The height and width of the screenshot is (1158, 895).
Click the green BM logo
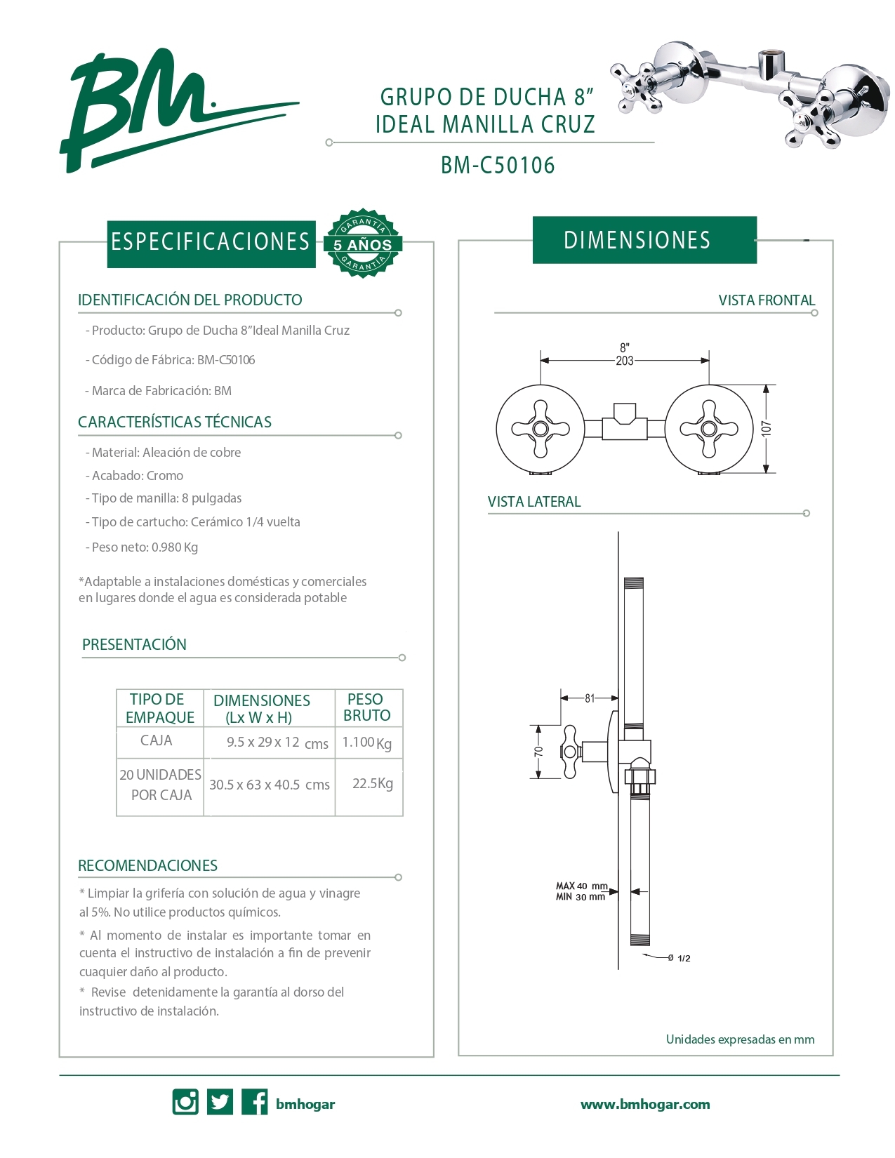pos(140,109)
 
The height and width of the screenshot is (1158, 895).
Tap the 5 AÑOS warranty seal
pos(362,244)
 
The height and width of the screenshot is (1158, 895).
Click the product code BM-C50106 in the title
pos(498,166)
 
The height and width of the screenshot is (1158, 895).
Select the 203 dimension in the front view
pos(624,361)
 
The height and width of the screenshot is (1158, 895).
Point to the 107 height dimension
pos(767,428)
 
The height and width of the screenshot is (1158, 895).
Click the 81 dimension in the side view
pos(590,698)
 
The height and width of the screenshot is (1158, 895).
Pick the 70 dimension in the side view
pos(539,752)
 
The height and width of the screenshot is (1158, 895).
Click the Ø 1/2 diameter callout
pos(679,958)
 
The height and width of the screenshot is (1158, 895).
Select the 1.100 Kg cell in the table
pos(366,743)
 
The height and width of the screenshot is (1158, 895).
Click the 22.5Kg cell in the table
pos(372,783)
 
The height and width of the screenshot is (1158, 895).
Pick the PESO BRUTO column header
pos(366,707)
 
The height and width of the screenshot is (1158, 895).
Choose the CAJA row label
pos(156,740)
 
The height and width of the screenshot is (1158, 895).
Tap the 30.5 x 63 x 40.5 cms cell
pos(270,785)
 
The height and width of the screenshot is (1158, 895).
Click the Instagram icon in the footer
pos(185,1102)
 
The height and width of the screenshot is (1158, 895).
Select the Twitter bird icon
pos(220,1102)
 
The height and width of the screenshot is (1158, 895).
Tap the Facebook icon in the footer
pos(254,1102)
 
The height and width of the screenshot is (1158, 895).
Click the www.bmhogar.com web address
pos(645,1104)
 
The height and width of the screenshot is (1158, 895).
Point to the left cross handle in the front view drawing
pos(540,429)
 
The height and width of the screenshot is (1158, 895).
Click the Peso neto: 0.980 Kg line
pos(145,547)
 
